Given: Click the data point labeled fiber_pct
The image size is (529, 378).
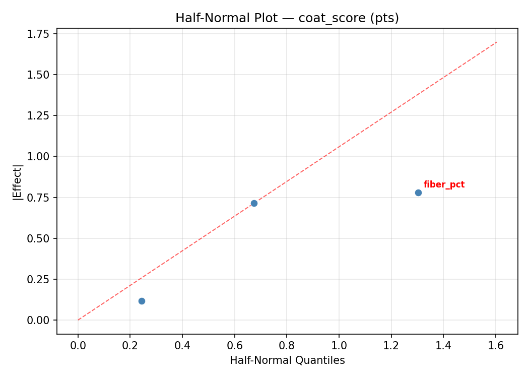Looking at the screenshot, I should click(418, 193).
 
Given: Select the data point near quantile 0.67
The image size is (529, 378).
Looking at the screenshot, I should click(254, 203).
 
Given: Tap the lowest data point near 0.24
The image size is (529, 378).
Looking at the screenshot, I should click(142, 301).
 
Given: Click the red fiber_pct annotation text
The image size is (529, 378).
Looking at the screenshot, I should click(444, 185).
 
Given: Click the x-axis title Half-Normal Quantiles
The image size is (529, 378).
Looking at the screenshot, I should click(287, 360).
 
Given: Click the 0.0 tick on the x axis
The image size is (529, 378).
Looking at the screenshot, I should click(78, 345).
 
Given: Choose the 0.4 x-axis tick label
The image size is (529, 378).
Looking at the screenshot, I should click(182, 345).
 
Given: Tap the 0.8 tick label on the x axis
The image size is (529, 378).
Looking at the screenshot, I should click(287, 345).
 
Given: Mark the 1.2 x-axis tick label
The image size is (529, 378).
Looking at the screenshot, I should click(391, 345).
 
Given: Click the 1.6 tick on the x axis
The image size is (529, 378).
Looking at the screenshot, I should click(496, 345).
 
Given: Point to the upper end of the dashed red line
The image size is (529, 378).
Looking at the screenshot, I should click(496, 42).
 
